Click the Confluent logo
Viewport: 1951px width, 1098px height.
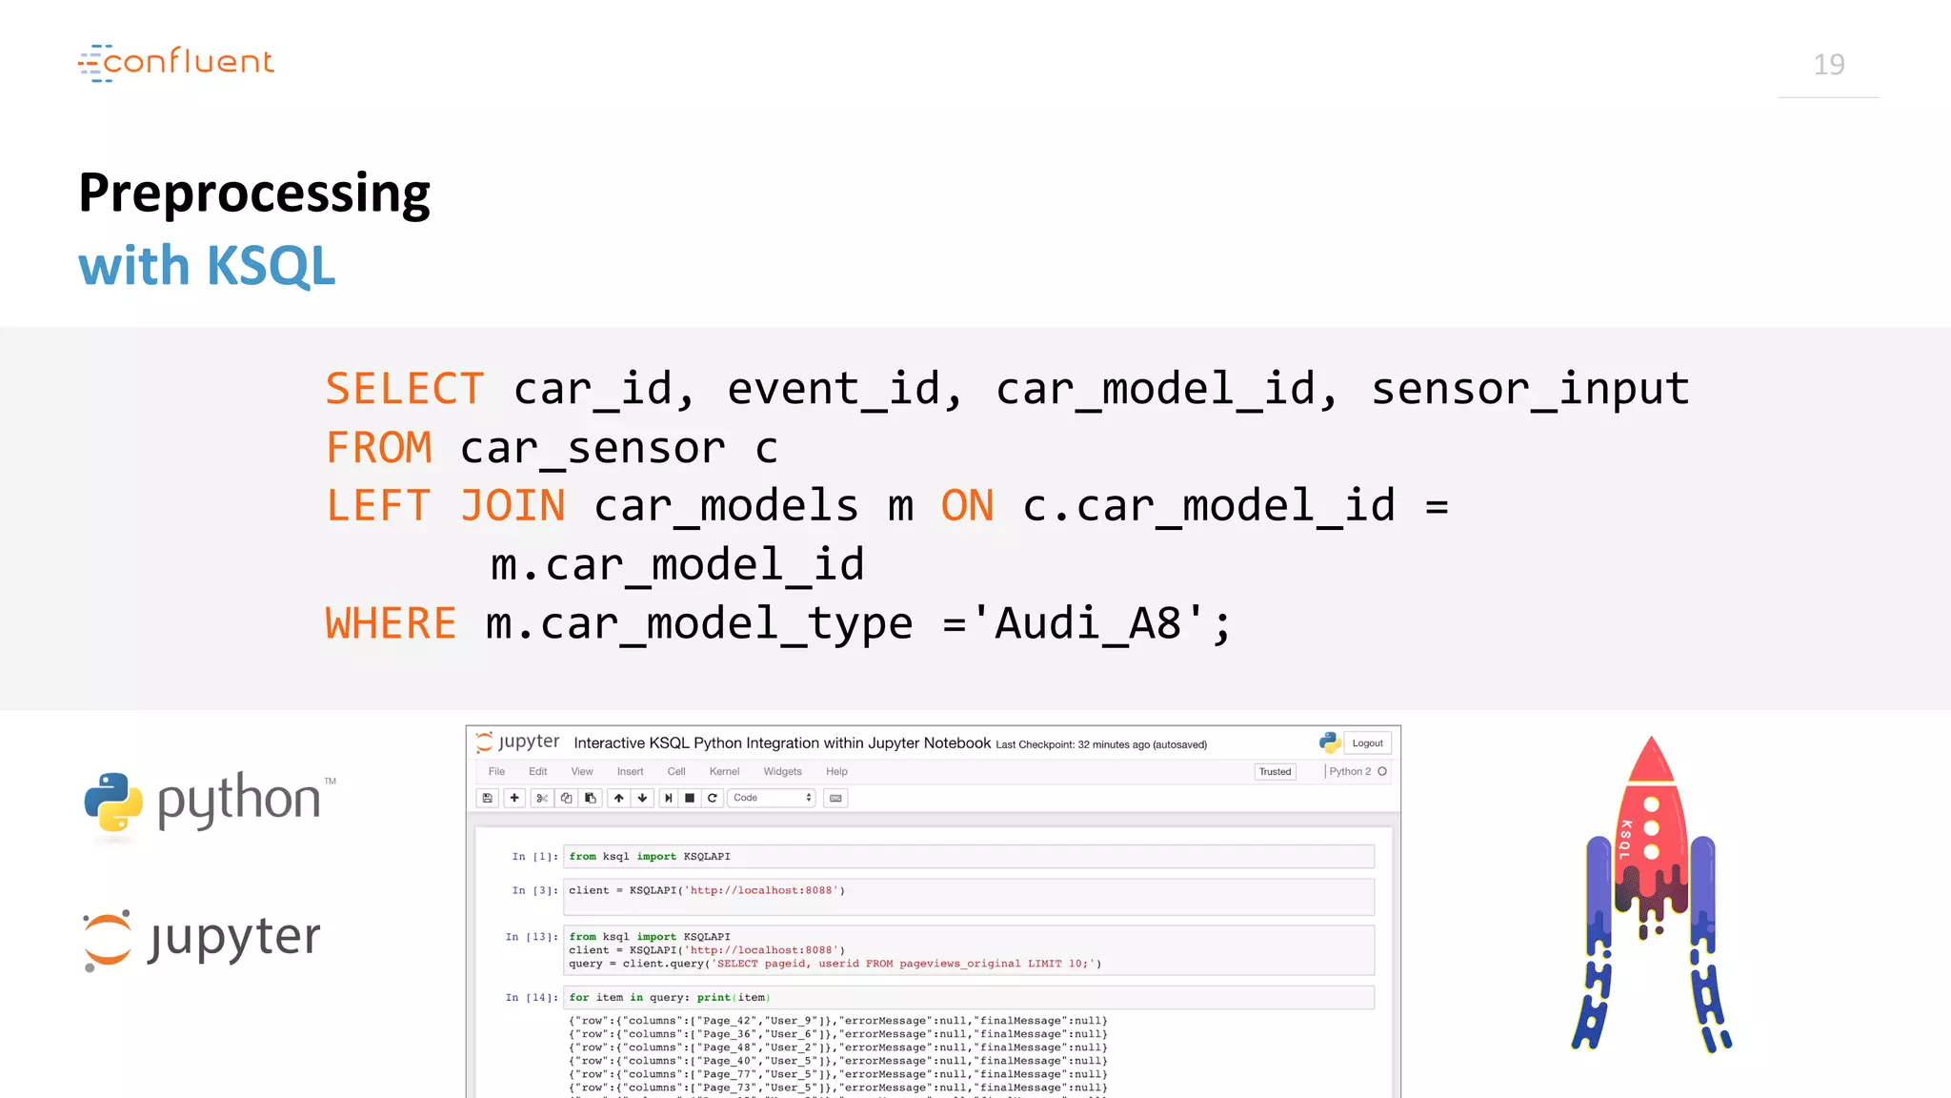coord(176,62)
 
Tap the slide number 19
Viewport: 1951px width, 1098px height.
coord(1828,65)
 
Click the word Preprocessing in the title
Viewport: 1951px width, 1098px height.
coord(254,193)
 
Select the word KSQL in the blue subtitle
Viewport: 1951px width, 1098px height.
coord(272,266)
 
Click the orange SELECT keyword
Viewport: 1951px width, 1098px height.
coord(405,389)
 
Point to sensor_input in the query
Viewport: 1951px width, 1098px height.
coord(1530,389)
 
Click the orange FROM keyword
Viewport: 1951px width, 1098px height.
coord(379,448)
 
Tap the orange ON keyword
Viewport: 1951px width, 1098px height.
coord(967,506)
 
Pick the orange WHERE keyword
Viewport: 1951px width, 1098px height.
coord(391,624)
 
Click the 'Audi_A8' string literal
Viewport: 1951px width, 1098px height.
coord(1099,624)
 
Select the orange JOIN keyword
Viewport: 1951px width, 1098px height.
coord(513,506)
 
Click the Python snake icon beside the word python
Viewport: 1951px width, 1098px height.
coord(113,802)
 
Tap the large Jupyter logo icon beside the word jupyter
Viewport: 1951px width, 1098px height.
coord(108,939)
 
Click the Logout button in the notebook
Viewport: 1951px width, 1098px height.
coord(1367,743)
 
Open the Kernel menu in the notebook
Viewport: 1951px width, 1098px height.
coord(724,772)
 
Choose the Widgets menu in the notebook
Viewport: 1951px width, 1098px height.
coord(782,772)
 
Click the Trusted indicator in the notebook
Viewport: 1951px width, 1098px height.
coord(1275,772)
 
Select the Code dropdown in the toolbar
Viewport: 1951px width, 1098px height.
coord(772,798)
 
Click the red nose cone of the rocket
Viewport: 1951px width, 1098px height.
coord(1651,762)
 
